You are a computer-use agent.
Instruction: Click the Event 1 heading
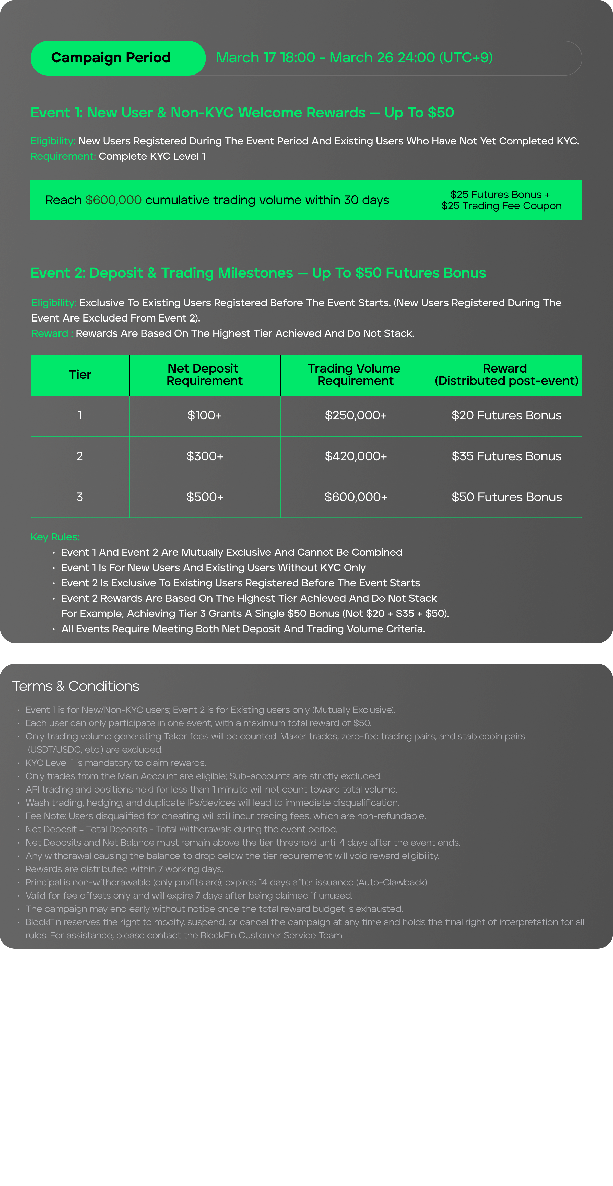242,113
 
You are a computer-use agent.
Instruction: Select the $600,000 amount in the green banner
113,200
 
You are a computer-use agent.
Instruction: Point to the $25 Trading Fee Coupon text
501,206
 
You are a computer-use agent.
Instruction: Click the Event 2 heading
258,273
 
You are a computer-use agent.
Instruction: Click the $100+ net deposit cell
205,416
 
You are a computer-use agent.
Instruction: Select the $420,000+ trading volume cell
355,456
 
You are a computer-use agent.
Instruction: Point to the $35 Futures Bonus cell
506,456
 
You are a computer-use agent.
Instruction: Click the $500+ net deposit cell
205,497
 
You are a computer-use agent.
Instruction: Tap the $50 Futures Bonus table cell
506,497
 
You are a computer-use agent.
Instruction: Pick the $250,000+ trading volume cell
355,416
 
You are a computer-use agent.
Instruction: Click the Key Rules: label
55,537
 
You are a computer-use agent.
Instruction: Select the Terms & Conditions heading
76,686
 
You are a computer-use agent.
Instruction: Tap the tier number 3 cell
80,497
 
